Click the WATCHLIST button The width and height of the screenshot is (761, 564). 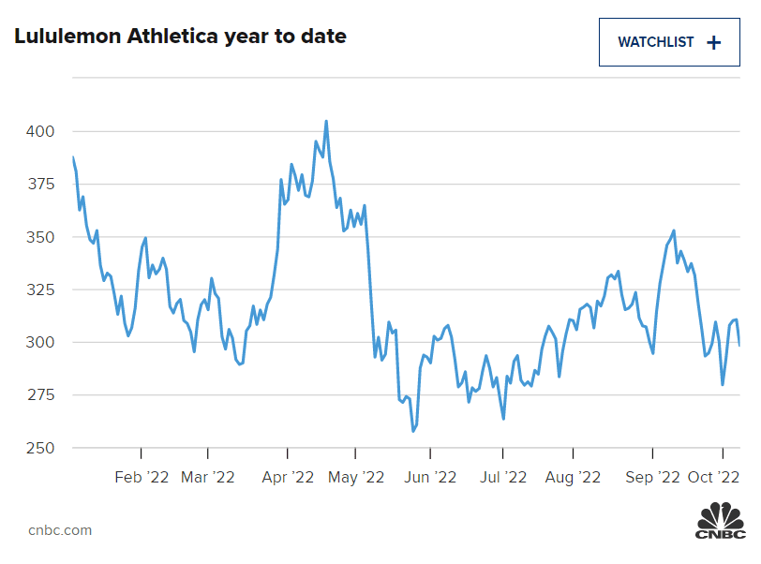point(669,42)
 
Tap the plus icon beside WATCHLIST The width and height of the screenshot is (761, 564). point(713,42)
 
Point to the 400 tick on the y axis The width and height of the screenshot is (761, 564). point(40,131)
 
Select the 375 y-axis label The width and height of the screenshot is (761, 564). point(40,185)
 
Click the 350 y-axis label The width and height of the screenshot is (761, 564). point(40,237)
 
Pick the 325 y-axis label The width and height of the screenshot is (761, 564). point(40,289)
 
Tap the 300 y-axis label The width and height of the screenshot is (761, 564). point(40,343)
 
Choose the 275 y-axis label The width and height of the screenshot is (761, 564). point(40,395)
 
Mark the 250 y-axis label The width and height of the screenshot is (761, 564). point(40,448)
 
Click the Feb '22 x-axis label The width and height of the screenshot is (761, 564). point(142,477)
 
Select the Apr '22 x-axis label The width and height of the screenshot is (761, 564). point(288,477)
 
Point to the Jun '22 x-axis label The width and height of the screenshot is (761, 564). point(430,477)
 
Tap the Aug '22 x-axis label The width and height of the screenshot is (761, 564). point(573,477)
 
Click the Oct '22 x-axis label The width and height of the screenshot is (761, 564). point(715,477)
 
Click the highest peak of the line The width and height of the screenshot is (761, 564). point(326,121)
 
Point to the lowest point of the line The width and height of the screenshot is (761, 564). point(412,431)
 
